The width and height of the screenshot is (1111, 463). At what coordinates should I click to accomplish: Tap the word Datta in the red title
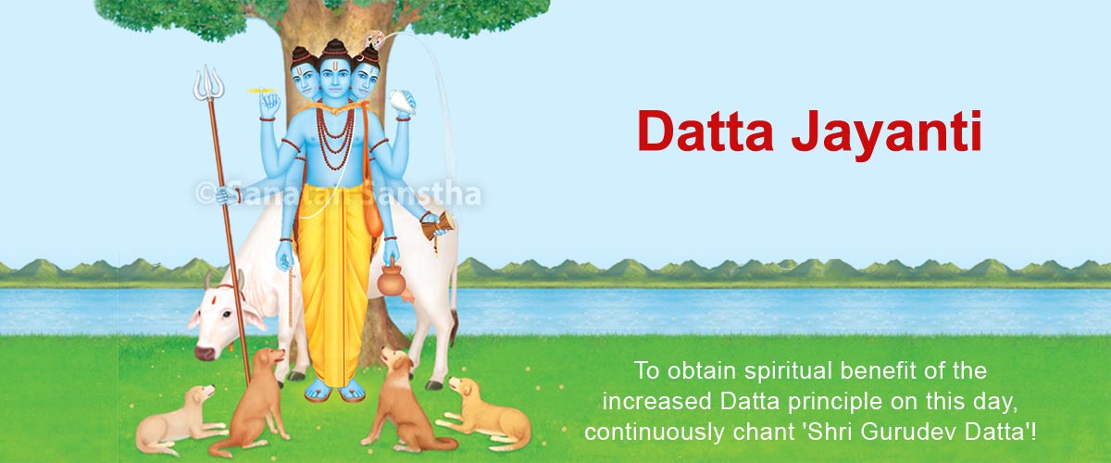coord(705,131)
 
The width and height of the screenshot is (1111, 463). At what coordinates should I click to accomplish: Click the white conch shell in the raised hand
coord(402,103)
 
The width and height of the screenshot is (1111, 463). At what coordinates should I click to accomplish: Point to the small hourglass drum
coord(438,227)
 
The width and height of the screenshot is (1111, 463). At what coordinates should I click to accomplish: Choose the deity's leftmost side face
coord(304,80)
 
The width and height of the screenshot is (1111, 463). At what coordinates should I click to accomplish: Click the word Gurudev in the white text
coord(910,432)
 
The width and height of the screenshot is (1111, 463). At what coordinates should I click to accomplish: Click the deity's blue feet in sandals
coord(334,391)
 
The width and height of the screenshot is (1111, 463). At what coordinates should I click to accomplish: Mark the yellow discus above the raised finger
coord(263,91)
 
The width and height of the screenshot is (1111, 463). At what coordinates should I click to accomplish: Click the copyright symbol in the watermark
coord(205,193)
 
